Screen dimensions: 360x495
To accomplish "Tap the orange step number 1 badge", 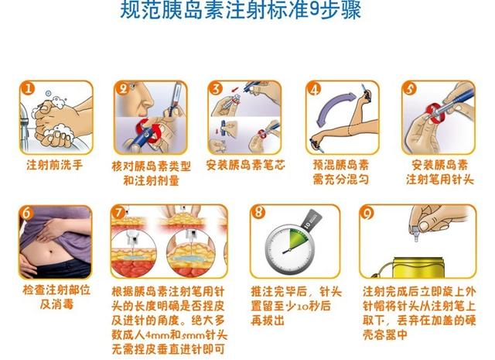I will [28, 88].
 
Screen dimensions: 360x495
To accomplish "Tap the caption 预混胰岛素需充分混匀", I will [340, 173].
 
